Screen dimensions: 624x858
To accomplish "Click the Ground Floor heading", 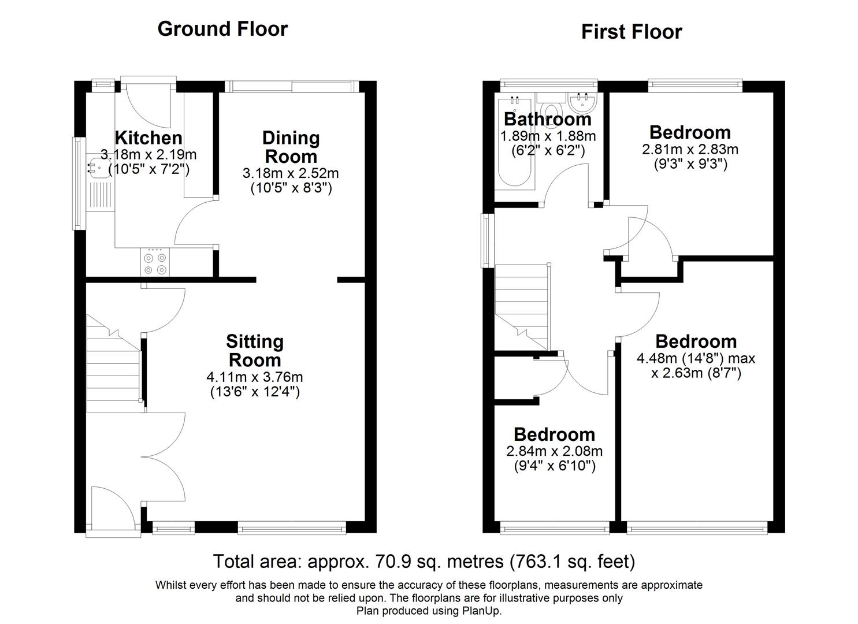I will [222, 29].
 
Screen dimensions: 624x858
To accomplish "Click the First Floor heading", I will [632, 32].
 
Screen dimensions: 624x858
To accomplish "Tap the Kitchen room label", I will [148, 138].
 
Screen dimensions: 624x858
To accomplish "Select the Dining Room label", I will [291, 147].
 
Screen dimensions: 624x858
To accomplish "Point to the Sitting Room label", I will [255, 351].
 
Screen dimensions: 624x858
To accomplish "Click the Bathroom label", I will [548, 119].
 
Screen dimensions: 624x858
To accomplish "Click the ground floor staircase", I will [114, 364].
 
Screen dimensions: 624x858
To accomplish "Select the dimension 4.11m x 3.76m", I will [255, 377].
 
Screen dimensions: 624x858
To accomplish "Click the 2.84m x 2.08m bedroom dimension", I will [555, 451].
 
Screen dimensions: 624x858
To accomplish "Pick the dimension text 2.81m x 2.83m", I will [690, 150].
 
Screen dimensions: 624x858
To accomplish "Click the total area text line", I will [424, 561].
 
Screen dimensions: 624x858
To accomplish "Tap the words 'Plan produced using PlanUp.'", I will [429, 611].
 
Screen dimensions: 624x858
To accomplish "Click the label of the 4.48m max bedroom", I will [696, 341].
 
